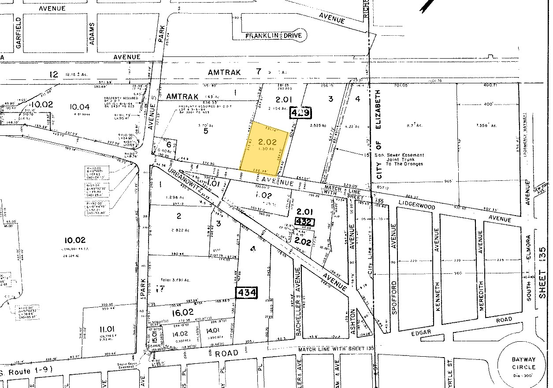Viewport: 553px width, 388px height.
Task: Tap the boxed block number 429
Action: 301,113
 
